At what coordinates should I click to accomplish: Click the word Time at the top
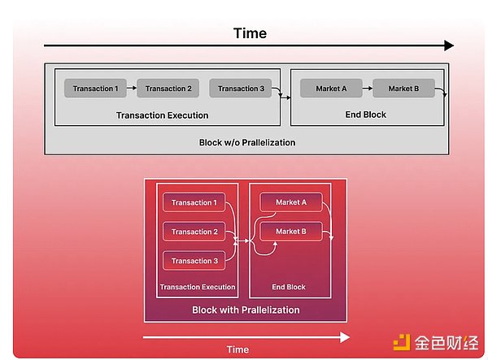point(250,33)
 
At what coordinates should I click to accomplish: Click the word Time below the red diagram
point(237,349)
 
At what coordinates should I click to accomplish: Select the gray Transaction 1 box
point(95,89)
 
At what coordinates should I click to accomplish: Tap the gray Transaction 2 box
point(168,89)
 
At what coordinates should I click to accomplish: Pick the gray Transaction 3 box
point(241,89)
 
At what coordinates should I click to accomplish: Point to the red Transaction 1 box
point(193,203)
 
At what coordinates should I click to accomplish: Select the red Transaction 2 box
point(193,232)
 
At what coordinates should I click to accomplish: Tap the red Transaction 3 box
point(193,261)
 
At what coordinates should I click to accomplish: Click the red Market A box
point(290,203)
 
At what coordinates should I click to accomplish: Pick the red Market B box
point(290,232)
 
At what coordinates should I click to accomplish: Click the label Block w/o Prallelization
point(246,142)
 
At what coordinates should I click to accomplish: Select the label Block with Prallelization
point(246,310)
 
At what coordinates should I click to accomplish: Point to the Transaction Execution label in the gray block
point(162,115)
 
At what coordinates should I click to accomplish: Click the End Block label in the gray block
point(365,115)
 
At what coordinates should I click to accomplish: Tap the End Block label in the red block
point(289,287)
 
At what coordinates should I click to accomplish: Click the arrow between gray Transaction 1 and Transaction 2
point(132,89)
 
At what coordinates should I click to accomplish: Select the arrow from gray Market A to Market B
point(367,89)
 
